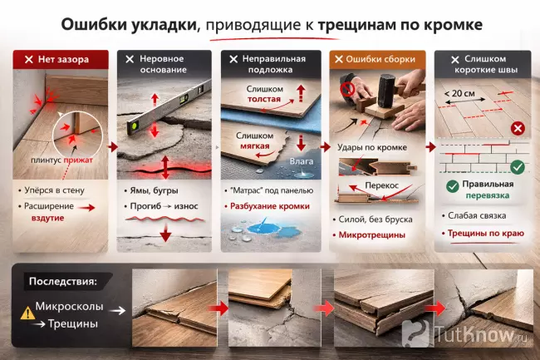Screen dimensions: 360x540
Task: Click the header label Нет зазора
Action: point(63,60)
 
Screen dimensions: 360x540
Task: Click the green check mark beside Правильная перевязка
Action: point(452,185)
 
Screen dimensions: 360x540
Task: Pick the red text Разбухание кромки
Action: point(272,205)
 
